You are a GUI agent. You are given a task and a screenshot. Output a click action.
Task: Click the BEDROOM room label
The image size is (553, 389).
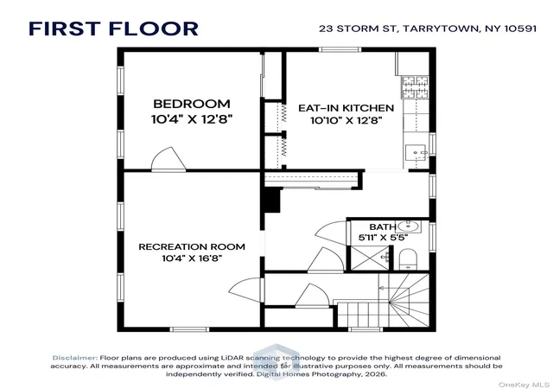coord(192,104)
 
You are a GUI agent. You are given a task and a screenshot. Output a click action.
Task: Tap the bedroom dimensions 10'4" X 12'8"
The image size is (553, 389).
coord(192,119)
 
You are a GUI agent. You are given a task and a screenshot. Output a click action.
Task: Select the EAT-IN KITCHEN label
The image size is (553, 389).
coord(346,108)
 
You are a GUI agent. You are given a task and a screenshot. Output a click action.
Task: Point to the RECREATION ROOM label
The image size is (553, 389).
coord(192,246)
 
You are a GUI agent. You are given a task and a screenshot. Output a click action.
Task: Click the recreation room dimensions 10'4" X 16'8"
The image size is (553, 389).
coord(192,258)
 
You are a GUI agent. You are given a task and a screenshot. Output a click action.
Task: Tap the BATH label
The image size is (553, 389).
coord(382,226)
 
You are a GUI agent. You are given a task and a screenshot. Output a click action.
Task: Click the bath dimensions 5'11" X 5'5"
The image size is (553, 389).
coord(383,238)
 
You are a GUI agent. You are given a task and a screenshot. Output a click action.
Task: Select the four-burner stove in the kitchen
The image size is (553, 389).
coord(415,86)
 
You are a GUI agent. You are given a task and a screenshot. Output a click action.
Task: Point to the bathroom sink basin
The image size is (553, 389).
coord(408,226)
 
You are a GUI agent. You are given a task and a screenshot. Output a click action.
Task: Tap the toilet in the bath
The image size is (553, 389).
coord(408,259)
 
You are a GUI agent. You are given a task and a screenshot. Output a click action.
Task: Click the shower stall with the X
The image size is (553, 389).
coord(369,258)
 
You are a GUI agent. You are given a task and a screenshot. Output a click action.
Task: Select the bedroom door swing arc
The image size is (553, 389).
coord(168,160)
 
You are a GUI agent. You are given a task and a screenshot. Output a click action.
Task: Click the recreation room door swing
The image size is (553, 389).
coord(246,290)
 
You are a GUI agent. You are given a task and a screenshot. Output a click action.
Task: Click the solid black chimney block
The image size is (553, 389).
coord(272,200)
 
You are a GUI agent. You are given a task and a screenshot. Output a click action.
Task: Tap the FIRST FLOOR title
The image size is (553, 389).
coord(113,29)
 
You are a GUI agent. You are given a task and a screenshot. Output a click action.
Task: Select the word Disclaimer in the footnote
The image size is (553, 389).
coord(75,358)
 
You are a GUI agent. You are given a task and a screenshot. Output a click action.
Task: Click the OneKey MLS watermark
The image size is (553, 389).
coord(524,385)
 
